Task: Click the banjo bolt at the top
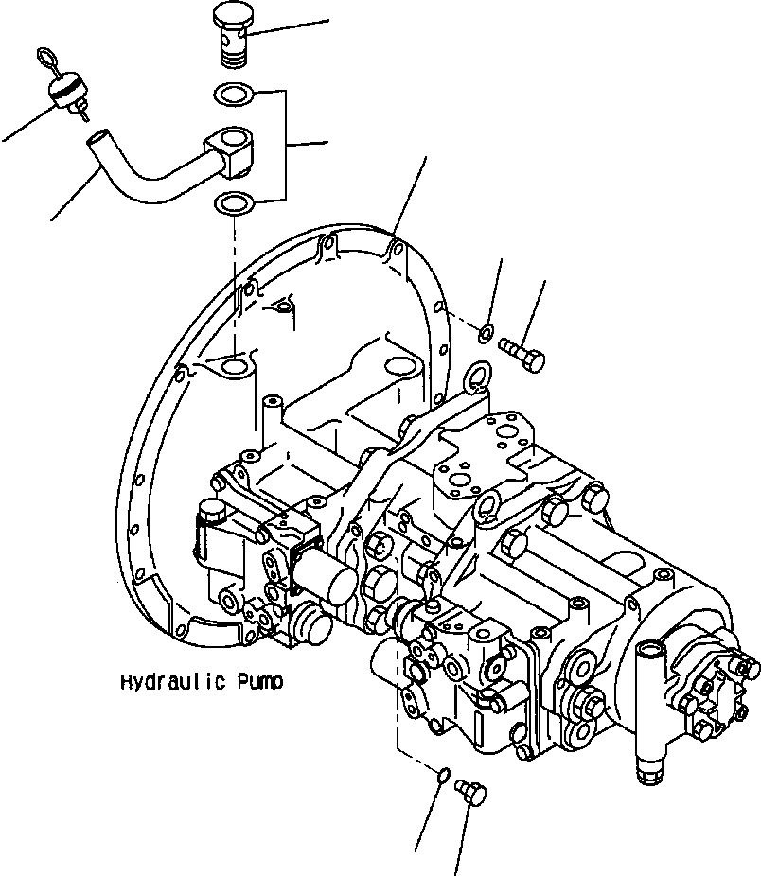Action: (x=231, y=36)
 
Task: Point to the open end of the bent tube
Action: (x=96, y=142)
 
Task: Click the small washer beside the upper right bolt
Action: (x=485, y=332)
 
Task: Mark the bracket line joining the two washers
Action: (x=286, y=147)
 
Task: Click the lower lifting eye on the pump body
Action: (x=487, y=507)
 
